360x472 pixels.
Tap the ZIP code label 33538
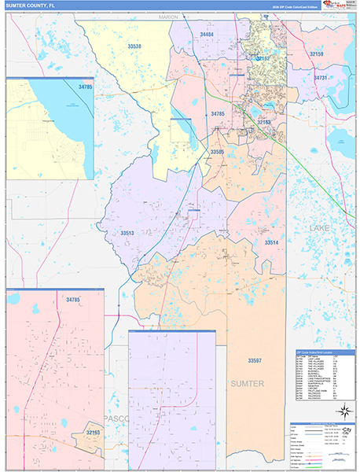135,47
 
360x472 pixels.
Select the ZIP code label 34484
207,35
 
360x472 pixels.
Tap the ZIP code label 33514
270,242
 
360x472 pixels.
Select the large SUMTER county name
248,383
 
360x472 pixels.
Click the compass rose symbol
343,410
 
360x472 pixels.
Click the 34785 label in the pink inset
74,300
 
